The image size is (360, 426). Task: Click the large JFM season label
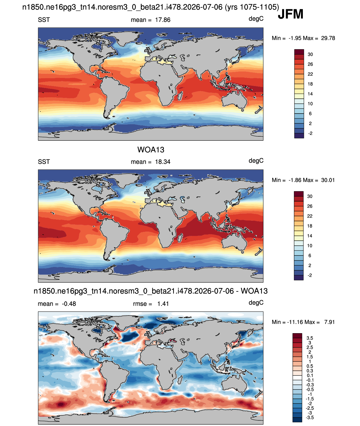pyautogui.click(x=291, y=14)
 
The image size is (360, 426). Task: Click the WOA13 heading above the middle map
pyautogui.click(x=151, y=150)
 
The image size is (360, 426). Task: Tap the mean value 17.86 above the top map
pyautogui.click(x=162, y=20)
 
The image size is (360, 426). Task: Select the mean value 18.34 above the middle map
pyautogui.click(x=162, y=162)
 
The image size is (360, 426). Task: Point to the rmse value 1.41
pyautogui.click(x=163, y=304)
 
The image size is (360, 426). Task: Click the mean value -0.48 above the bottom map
pyautogui.click(x=69, y=304)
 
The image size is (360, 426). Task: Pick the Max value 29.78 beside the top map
pyautogui.click(x=328, y=38)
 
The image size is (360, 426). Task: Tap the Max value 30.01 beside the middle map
pyautogui.click(x=328, y=180)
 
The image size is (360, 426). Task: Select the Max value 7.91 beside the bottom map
pyautogui.click(x=329, y=322)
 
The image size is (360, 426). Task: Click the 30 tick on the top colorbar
pyautogui.click(x=310, y=54)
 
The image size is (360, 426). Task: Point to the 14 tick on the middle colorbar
pyautogui.click(x=310, y=236)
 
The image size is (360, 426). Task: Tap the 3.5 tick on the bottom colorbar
pyautogui.click(x=310, y=338)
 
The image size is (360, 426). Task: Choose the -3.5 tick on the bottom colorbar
pyautogui.click(x=310, y=418)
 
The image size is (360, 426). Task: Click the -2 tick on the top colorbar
pyautogui.click(x=310, y=133)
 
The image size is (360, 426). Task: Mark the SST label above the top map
pyautogui.click(x=44, y=20)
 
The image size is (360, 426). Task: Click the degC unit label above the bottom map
pyautogui.click(x=256, y=303)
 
